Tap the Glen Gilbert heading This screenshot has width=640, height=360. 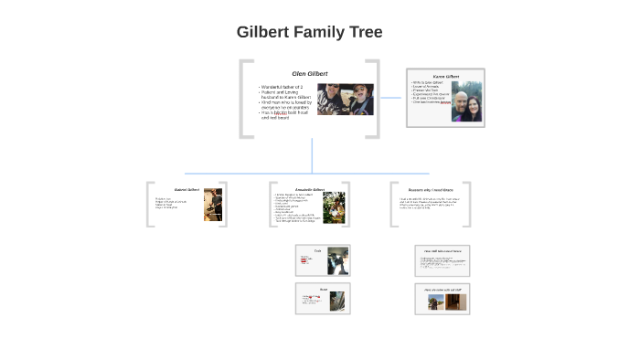click(x=310, y=73)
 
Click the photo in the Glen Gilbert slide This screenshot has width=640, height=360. click(x=346, y=99)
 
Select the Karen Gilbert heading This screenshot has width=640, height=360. click(x=445, y=76)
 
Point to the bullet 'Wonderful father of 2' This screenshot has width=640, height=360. click(x=283, y=86)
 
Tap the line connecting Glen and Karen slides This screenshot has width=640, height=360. click(x=391, y=98)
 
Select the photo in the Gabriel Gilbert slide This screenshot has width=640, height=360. click(x=212, y=205)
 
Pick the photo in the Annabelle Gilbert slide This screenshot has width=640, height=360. click(x=334, y=206)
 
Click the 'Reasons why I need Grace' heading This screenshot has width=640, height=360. click(x=431, y=189)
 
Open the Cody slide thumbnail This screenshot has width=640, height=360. click(x=322, y=260)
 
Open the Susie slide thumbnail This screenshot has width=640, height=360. click(x=322, y=298)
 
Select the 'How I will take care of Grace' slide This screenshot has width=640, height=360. click(x=442, y=260)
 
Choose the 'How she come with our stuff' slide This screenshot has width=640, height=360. click(x=442, y=298)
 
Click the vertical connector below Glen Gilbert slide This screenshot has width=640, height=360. click(x=312, y=155)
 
